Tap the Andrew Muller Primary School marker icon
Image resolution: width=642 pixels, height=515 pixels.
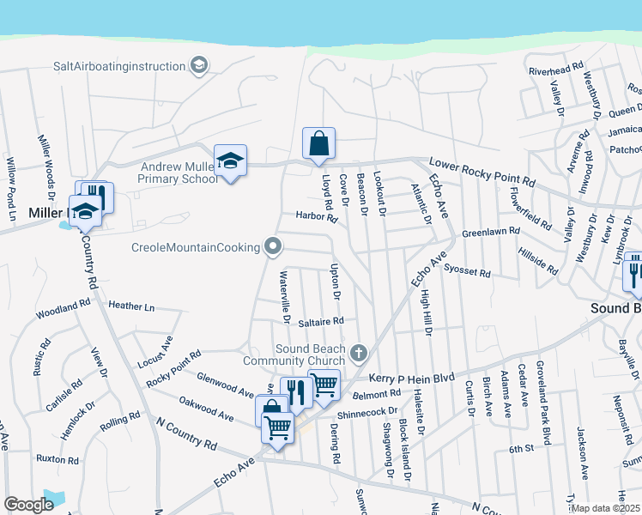230,161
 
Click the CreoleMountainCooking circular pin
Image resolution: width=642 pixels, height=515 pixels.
274,247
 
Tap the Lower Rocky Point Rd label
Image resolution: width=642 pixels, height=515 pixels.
481,173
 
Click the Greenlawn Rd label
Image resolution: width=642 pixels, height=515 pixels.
491,232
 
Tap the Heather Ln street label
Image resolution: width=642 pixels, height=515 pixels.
131,306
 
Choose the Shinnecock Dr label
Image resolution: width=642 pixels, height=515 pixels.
369,413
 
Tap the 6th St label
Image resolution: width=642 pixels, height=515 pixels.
521,448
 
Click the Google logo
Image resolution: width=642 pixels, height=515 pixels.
28,505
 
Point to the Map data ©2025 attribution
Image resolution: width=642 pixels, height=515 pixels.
606,508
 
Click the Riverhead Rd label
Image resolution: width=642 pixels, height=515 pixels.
555,71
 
